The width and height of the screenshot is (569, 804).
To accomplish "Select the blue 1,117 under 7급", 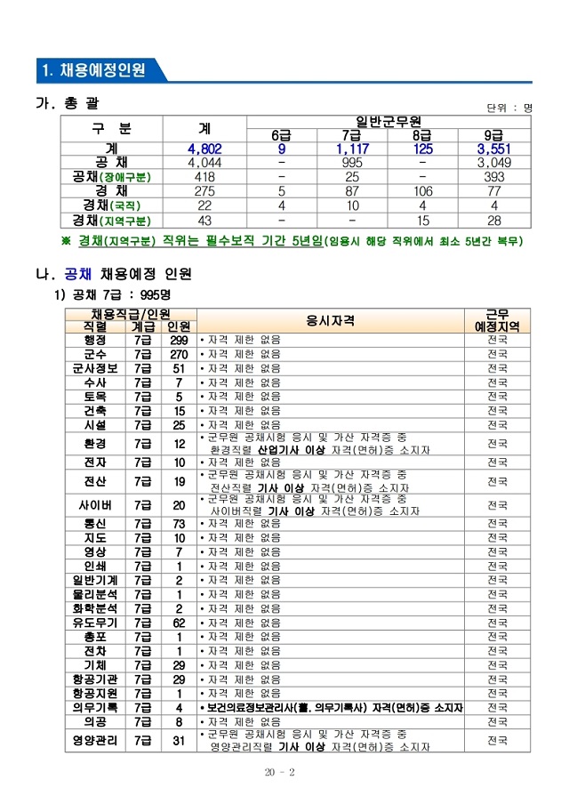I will (351, 149).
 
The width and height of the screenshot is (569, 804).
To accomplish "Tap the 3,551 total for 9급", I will (494, 149).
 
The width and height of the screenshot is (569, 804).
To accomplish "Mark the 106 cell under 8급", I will (422, 191).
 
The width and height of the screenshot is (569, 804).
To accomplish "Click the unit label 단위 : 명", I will (509, 108).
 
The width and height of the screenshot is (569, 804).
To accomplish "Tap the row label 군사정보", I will (95, 368).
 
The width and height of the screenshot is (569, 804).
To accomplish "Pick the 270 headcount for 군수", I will (179, 354).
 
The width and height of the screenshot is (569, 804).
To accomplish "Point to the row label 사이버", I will (95, 505).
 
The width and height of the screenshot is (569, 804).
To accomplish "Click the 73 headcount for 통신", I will (179, 524).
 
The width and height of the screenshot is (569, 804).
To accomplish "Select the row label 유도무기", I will (95, 623).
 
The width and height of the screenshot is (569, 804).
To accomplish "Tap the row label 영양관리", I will (95, 740).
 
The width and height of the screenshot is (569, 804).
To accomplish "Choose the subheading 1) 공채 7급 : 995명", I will (114, 294).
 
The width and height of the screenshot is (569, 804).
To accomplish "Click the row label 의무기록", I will (95, 708).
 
